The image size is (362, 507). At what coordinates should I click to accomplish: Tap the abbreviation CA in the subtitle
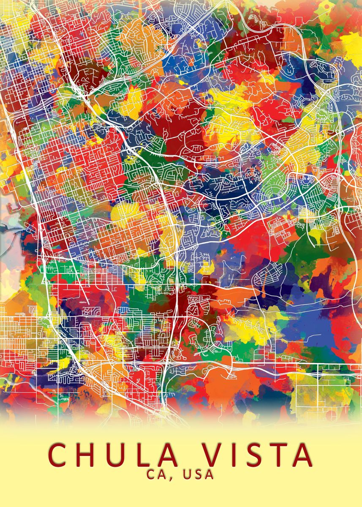157,475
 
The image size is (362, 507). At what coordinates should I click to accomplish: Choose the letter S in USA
198,475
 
